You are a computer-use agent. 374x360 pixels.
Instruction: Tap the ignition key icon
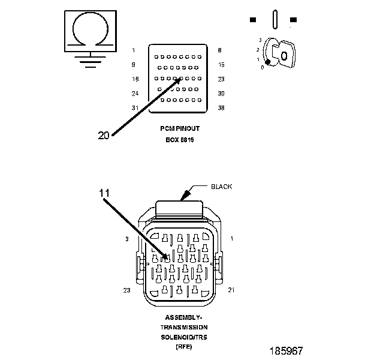(x=280, y=53)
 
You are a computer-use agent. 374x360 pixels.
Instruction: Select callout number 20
(x=104, y=136)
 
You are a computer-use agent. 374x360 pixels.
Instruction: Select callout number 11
(x=105, y=193)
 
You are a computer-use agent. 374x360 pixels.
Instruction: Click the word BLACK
(x=222, y=187)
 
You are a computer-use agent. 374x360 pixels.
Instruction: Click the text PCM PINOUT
(x=181, y=129)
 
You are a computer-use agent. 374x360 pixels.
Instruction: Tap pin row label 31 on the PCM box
(x=135, y=108)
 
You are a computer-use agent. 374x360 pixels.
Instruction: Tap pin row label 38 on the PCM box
(x=221, y=108)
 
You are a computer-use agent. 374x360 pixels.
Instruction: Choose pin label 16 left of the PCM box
(x=135, y=79)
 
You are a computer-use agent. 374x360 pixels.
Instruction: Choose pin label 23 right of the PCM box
(x=221, y=79)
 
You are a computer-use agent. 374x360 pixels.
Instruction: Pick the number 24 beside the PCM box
(x=135, y=93)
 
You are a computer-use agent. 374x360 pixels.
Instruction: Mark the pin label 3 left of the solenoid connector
(x=127, y=239)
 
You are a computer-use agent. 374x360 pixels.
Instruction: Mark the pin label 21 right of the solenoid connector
(x=231, y=290)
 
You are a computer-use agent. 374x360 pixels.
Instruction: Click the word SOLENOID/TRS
(x=184, y=337)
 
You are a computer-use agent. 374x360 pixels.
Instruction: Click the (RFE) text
(x=183, y=347)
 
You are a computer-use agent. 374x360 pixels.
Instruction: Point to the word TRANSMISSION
(x=184, y=327)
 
